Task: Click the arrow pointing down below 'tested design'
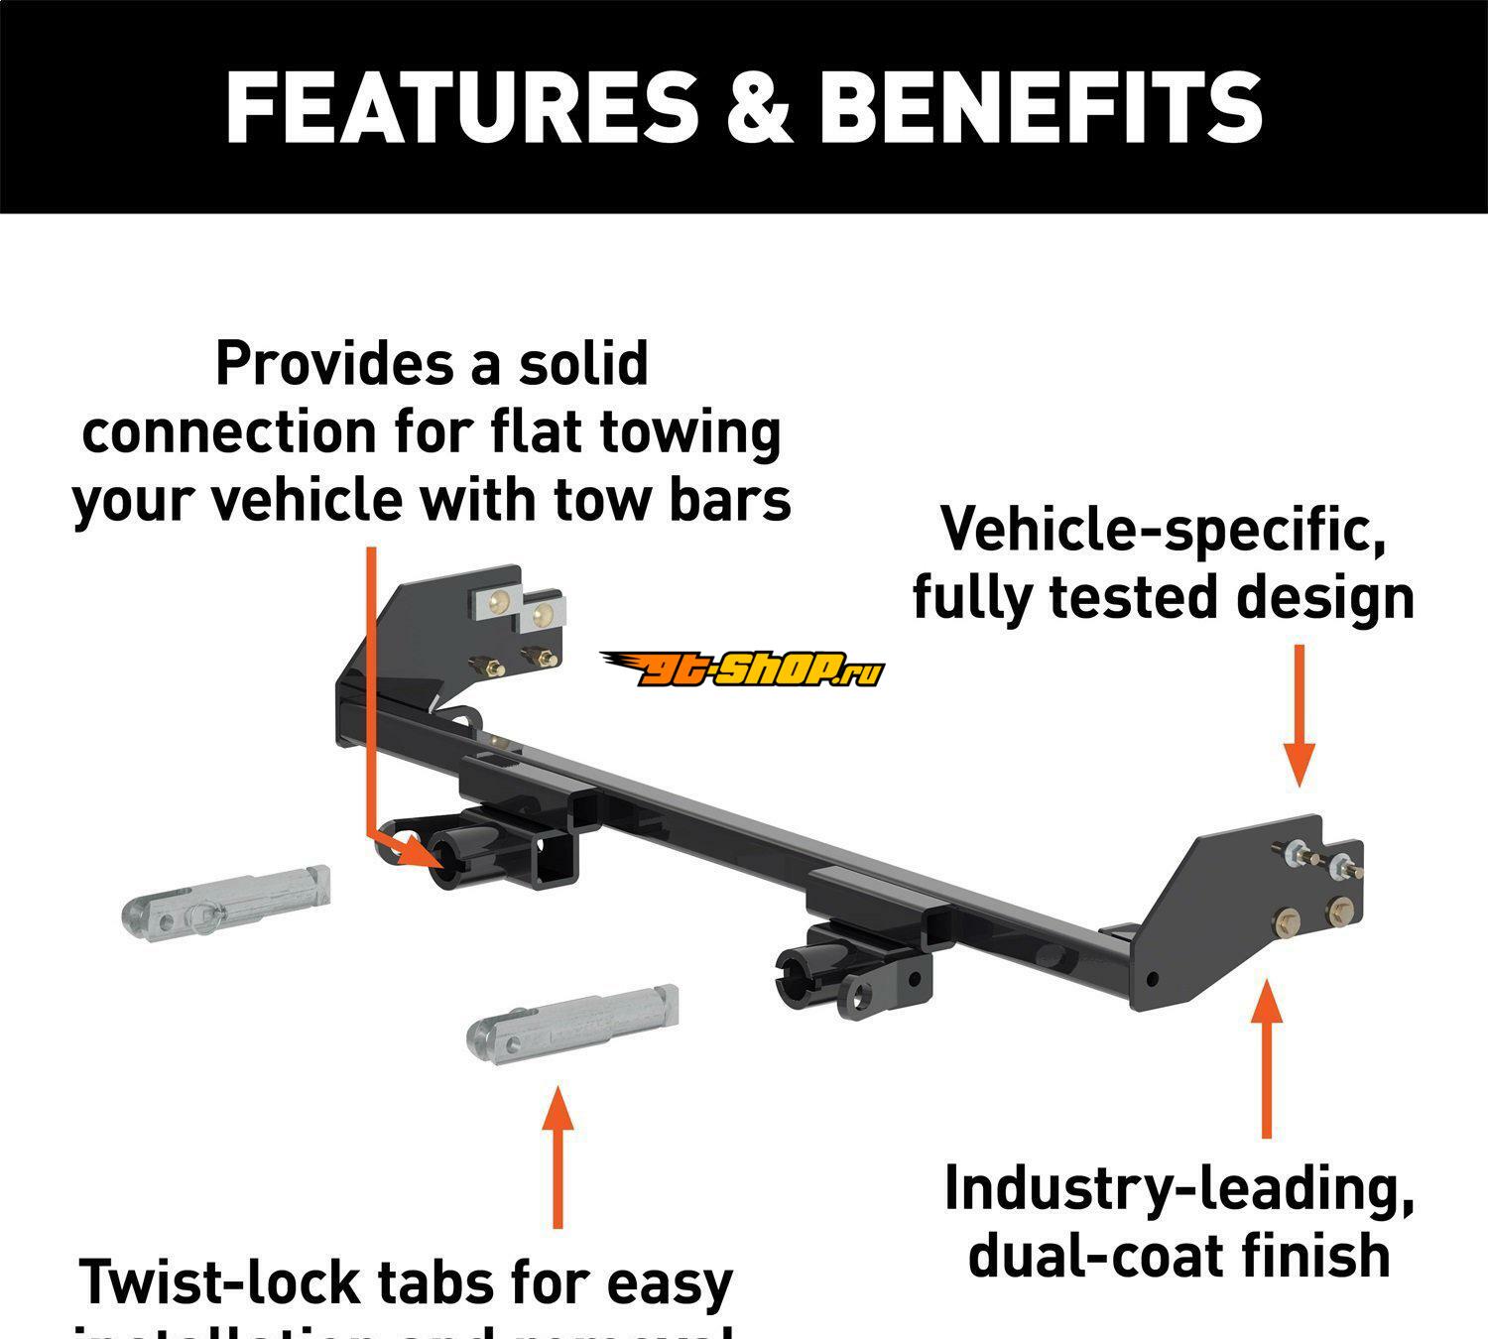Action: pyautogui.click(x=1299, y=714)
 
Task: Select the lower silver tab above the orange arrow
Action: pyautogui.click(x=572, y=1022)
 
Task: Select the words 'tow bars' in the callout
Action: pyautogui.click(x=673, y=500)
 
